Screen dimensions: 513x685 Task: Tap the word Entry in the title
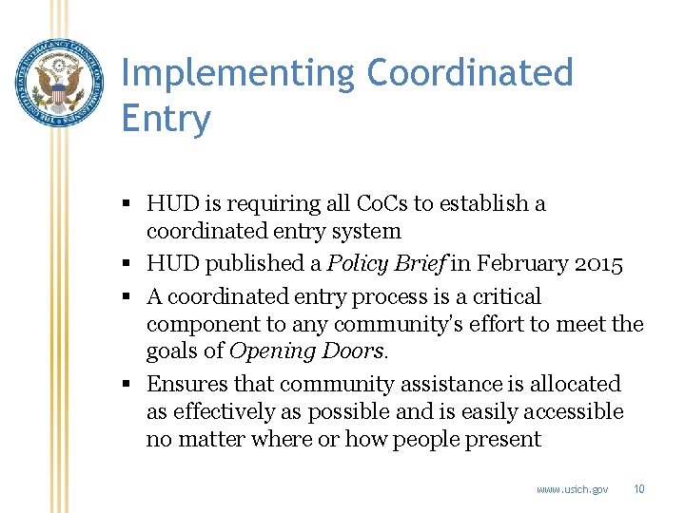click(x=166, y=120)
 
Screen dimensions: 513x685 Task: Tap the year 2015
click(x=597, y=264)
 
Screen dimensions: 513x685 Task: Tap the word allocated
click(x=576, y=384)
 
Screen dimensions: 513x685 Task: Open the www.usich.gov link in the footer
click(x=572, y=489)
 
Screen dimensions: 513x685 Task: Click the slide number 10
click(x=639, y=489)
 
